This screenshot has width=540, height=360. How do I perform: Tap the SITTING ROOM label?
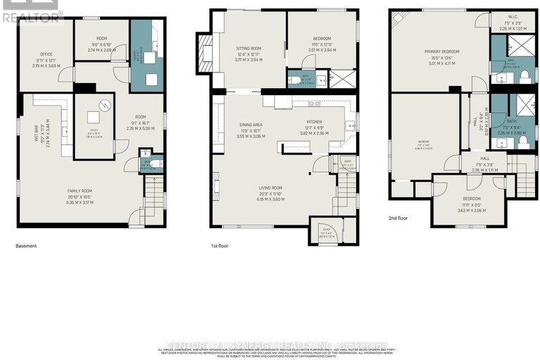249,48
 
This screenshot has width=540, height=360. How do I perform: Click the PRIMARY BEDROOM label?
440,52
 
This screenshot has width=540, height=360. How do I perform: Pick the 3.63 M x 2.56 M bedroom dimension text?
463,210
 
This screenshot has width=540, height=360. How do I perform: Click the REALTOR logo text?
31,17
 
